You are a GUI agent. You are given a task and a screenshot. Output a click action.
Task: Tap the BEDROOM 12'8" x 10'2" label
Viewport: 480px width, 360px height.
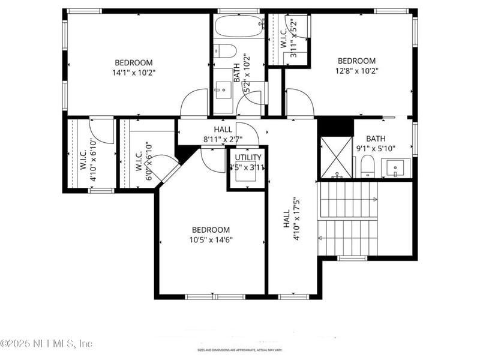point(356,65)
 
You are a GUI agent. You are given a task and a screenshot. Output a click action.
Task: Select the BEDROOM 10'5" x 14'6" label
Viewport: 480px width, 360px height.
point(211,235)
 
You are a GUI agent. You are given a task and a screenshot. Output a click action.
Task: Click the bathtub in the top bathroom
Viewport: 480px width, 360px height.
point(239,26)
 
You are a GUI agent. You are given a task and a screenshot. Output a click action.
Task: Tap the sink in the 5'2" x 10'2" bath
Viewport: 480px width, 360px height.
point(223,91)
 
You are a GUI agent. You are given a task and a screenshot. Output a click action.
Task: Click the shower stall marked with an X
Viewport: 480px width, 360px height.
point(336,158)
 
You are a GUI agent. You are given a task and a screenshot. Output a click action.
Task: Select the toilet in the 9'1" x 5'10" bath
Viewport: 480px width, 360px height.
point(367,166)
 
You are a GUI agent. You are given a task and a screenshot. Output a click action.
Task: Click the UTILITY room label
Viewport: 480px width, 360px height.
point(248,162)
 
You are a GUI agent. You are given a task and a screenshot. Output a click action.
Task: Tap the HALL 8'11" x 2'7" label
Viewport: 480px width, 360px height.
point(223,134)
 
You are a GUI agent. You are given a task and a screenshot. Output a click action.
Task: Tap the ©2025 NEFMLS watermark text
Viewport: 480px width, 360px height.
point(46,344)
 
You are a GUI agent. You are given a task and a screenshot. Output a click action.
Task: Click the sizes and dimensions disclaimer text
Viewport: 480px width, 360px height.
point(240,350)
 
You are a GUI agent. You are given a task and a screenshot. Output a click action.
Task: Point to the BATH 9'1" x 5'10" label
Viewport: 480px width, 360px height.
point(376,144)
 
